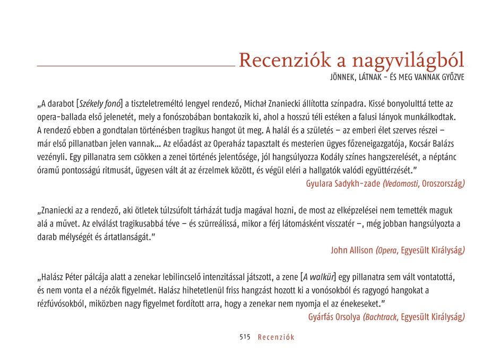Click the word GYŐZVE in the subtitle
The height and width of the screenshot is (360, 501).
point(450,78)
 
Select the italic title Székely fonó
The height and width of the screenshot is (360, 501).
point(100,103)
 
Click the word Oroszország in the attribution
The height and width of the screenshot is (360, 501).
point(444,184)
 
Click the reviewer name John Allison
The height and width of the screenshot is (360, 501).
point(351,250)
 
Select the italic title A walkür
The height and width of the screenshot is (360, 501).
point(318,277)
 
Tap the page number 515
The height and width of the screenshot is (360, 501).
point(245,337)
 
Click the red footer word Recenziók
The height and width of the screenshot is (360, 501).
point(276,337)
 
